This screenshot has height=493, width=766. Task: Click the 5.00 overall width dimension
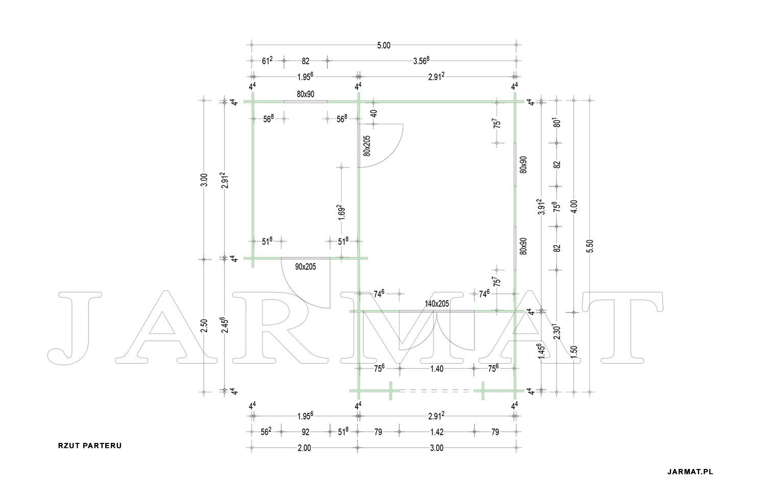(384, 45)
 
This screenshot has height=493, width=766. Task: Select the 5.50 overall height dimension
(590, 246)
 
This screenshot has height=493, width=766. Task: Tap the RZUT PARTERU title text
(90, 446)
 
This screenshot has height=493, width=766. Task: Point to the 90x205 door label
(305, 267)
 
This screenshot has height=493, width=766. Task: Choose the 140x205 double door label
(437, 303)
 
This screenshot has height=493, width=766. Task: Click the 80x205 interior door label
(367, 146)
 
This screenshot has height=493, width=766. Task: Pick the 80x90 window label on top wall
(305, 94)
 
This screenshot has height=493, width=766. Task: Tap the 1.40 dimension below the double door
(437, 369)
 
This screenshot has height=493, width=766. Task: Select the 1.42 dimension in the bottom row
(437, 432)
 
